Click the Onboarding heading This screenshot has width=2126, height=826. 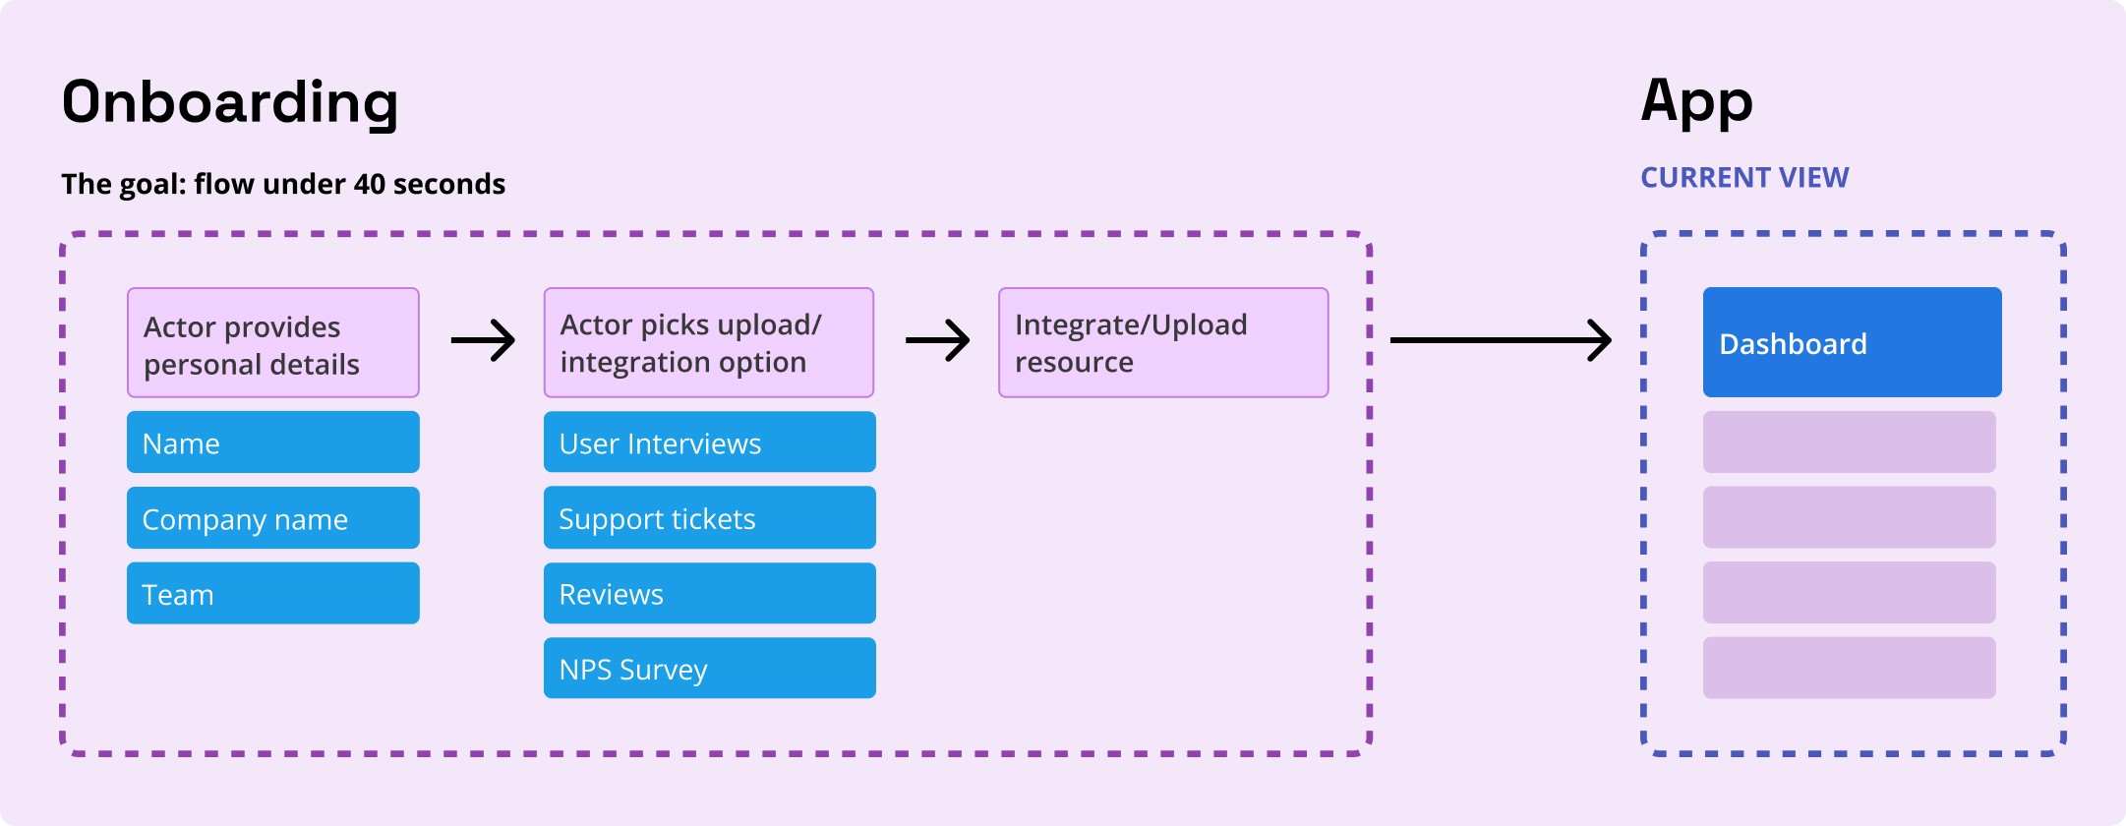pyautogui.click(x=230, y=103)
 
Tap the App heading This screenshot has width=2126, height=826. pyautogui.click(x=1696, y=103)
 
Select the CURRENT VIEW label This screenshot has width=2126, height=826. pyautogui.click(x=1744, y=178)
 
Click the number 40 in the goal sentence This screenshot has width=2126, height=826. pyautogui.click(x=369, y=184)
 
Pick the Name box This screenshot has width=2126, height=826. pyautogui.click(x=272, y=442)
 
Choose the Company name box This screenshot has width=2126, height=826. pyautogui.click(x=272, y=518)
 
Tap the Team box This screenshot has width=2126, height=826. pyautogui.click(x=272, y=593)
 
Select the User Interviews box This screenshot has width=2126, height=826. pyautogui.click(x=709, y=442)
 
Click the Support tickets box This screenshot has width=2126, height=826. pyautogui.click(x=709, y=518)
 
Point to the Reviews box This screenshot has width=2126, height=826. pyautogui.click(x=709, y=593)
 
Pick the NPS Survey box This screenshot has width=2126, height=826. pyautogui.click(x=709, y=669)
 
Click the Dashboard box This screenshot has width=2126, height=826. pyautogui.click(x=1852, y=342)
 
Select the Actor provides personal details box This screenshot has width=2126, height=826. pyautogui.click(x=272, y=343)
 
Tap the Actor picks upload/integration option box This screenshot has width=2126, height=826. pyautogui.click(x=708, y=343)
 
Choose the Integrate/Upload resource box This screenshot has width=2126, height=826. pyautogui.click(x=1163, y=343)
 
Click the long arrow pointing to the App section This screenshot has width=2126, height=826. pyautogui.click(x=1500, y=340)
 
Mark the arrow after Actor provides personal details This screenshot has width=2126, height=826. pyautogui.click(x=483, y=340)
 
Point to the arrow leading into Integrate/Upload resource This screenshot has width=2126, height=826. pyautogui.click(x=937, y=340)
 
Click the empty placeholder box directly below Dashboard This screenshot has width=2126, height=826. pyautogui.click(x=1849, y=442)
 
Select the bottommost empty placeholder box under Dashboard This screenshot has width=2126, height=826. pyautogui.click(x=1849, y=669)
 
